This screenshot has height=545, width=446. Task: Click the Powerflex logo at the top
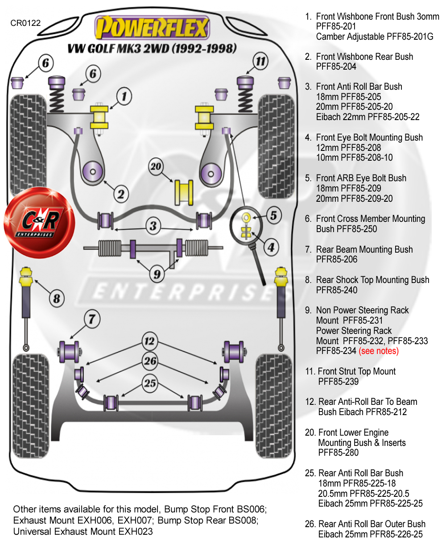(x=152, y=28)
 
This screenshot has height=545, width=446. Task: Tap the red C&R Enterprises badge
(x=39, y=222)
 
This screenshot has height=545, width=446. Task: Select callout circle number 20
(x=156, y=166)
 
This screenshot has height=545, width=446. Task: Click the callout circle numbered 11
(x=260, y=61)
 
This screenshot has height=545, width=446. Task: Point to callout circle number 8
(x=57, y=298)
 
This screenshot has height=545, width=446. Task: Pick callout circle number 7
(x=92, y=319)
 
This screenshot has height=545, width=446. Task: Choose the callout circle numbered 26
(x=150, y=361)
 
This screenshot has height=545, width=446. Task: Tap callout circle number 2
(x=121, y=194)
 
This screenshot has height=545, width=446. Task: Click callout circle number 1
(x=124, y=96)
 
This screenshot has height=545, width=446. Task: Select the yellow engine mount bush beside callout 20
(x=183, y=192)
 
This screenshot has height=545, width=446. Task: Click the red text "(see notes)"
(x=379, y=351)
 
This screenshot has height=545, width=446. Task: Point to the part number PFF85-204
(x=336, y=67)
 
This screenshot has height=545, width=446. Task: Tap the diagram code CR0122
(x=25, y=23)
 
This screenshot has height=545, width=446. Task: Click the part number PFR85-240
(x=337, y=290)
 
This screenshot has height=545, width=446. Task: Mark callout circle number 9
(x=157, y=274)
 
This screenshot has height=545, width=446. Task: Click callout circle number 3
(x=153, y=225)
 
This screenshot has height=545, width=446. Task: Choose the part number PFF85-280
(x=338, y=453)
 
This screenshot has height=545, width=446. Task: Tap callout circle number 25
(x=150, y=383)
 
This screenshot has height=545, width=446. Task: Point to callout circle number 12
(x=149, y=341)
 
